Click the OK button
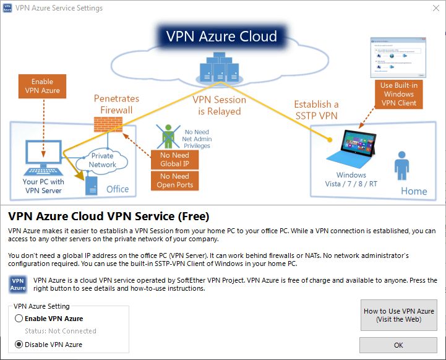tap(398, 345)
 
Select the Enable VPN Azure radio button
tap(19, 319)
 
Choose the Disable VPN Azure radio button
tap(19, 345)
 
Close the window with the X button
tap(431, 9)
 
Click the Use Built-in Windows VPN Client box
tap(398, 94)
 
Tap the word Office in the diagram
tap(118, 189)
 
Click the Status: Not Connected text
tap(61, 331)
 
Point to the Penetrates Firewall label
tap(116, 104)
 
